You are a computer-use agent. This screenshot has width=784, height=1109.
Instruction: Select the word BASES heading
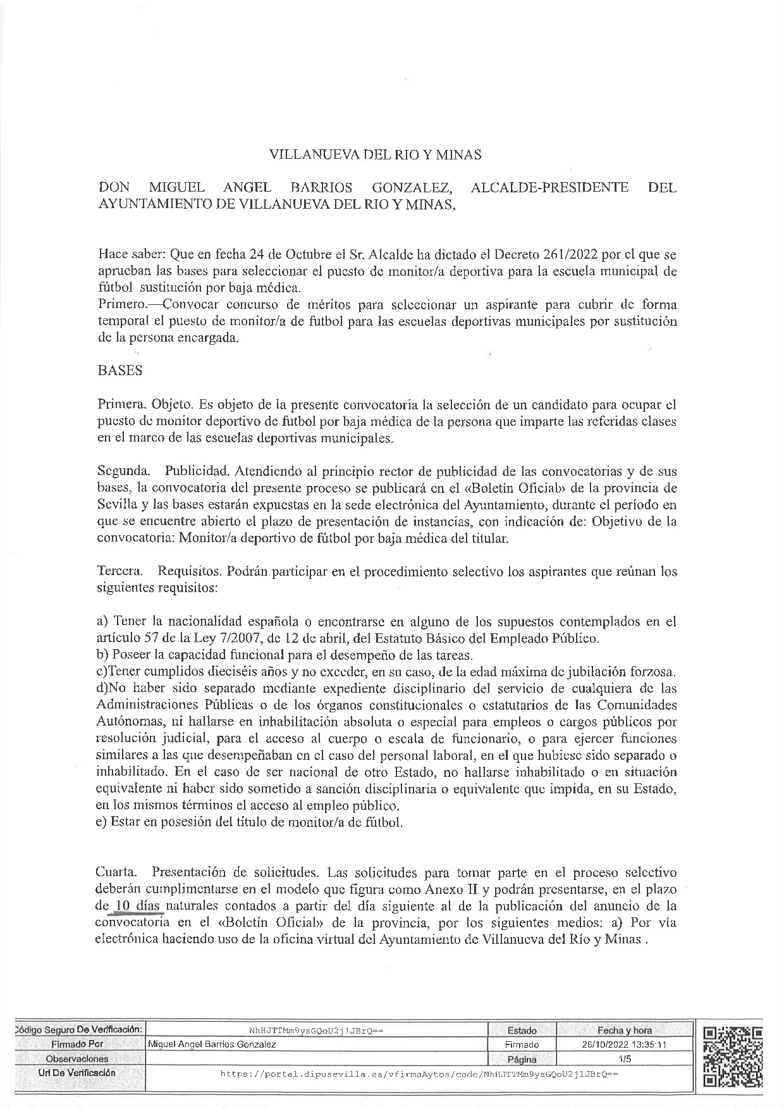pyautogui.click(x=120, y=371)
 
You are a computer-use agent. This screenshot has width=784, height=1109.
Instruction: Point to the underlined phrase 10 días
pyautogui.click(x=137, y=906)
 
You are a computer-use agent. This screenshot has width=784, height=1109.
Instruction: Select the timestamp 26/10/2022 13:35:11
pyautogui.click(x=623, y=1044)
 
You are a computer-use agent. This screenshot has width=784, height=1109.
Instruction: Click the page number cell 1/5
pyautogui.click(x=623, y=1058)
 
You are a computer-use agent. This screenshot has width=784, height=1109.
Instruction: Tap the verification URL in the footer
pyautogui.click(x=419, y=1074)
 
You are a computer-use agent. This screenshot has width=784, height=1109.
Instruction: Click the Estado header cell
pyautogui.click(x=522, y=1031)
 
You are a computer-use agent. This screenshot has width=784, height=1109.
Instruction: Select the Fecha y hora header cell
pyautogui.click(x=624, y=1031)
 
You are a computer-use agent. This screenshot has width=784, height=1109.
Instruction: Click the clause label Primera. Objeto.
pyautogui.click(x=145, y=404)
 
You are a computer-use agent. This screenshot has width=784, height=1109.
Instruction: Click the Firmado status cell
pyautogui.click(x=522, y=1044)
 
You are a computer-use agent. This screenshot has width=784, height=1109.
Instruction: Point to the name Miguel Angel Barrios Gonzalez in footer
pyautogui.click(x=211, y=1044)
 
